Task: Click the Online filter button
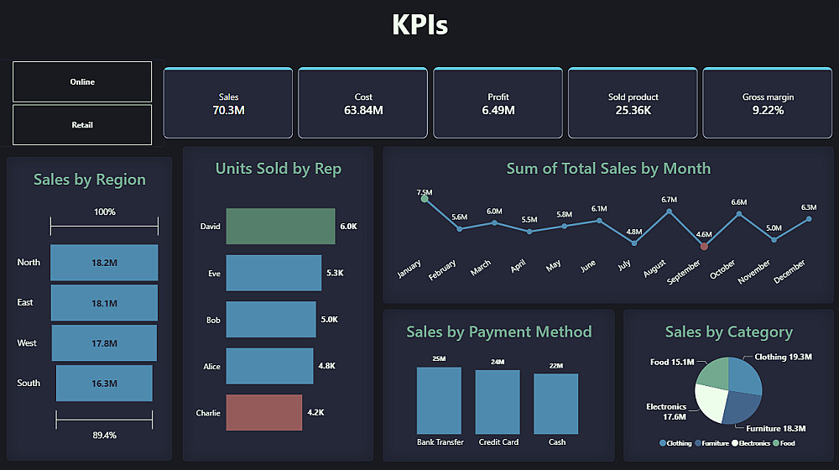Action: tap(82, 81)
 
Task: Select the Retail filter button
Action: tap(82, 125)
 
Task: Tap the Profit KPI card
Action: tap(498, 103)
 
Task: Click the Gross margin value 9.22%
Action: tap(768, 110)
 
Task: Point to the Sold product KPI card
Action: tap(633, 103)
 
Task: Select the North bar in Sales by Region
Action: tap(104, 263)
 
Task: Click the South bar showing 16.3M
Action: tap(104, 383)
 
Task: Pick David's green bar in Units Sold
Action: tap(280, 227)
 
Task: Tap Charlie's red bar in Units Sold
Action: tap(263, 412)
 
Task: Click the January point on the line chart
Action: tap(425, 199)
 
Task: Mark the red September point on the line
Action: tap(704, 246)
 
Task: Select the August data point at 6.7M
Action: tap(669, 211)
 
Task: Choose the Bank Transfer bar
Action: tap(440, 400)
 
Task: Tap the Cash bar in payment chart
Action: tap(556, 404)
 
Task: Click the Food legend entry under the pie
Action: tap(784, 442)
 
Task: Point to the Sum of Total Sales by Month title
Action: tap(608, 169)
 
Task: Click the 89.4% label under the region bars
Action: tap(104, 435)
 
